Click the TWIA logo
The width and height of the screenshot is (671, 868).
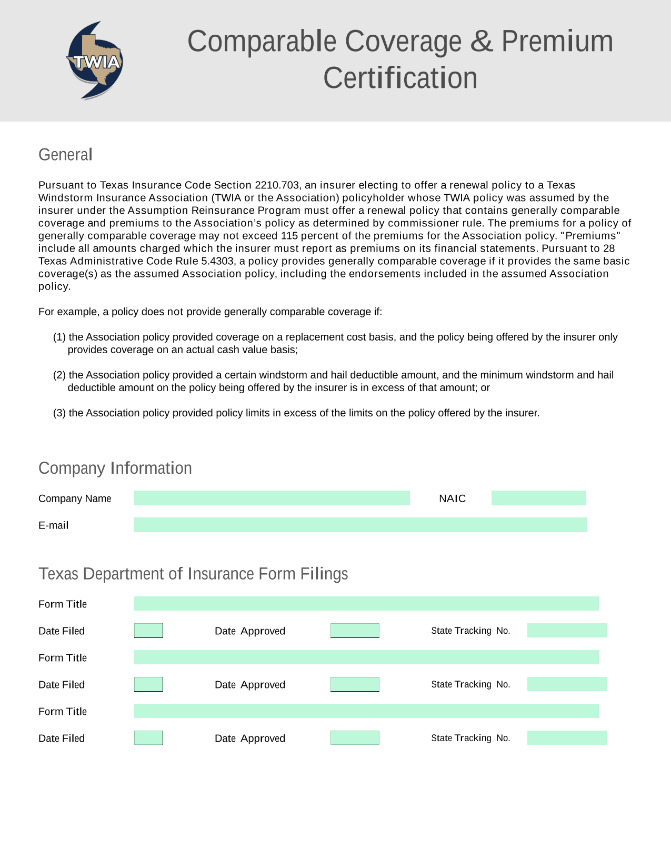95,61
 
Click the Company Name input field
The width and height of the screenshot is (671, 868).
272,498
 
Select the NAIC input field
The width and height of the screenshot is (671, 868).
538,498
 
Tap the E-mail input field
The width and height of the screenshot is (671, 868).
360,525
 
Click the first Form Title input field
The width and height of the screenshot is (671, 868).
366,604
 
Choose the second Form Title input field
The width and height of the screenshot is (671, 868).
366,657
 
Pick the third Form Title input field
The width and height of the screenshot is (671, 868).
366,711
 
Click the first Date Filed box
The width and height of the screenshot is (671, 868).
148,631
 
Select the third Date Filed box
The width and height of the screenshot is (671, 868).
148,738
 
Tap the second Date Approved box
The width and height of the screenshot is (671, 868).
355,684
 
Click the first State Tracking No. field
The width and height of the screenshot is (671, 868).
567,631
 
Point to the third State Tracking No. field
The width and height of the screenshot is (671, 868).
567,738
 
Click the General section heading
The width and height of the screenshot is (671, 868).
65,155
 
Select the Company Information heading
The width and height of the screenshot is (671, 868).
115,468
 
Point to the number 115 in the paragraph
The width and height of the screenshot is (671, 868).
289,236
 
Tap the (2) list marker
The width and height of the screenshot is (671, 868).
59,375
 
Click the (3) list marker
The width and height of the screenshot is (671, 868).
59,413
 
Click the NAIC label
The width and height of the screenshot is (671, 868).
452,498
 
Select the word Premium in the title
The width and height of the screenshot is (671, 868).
557,41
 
